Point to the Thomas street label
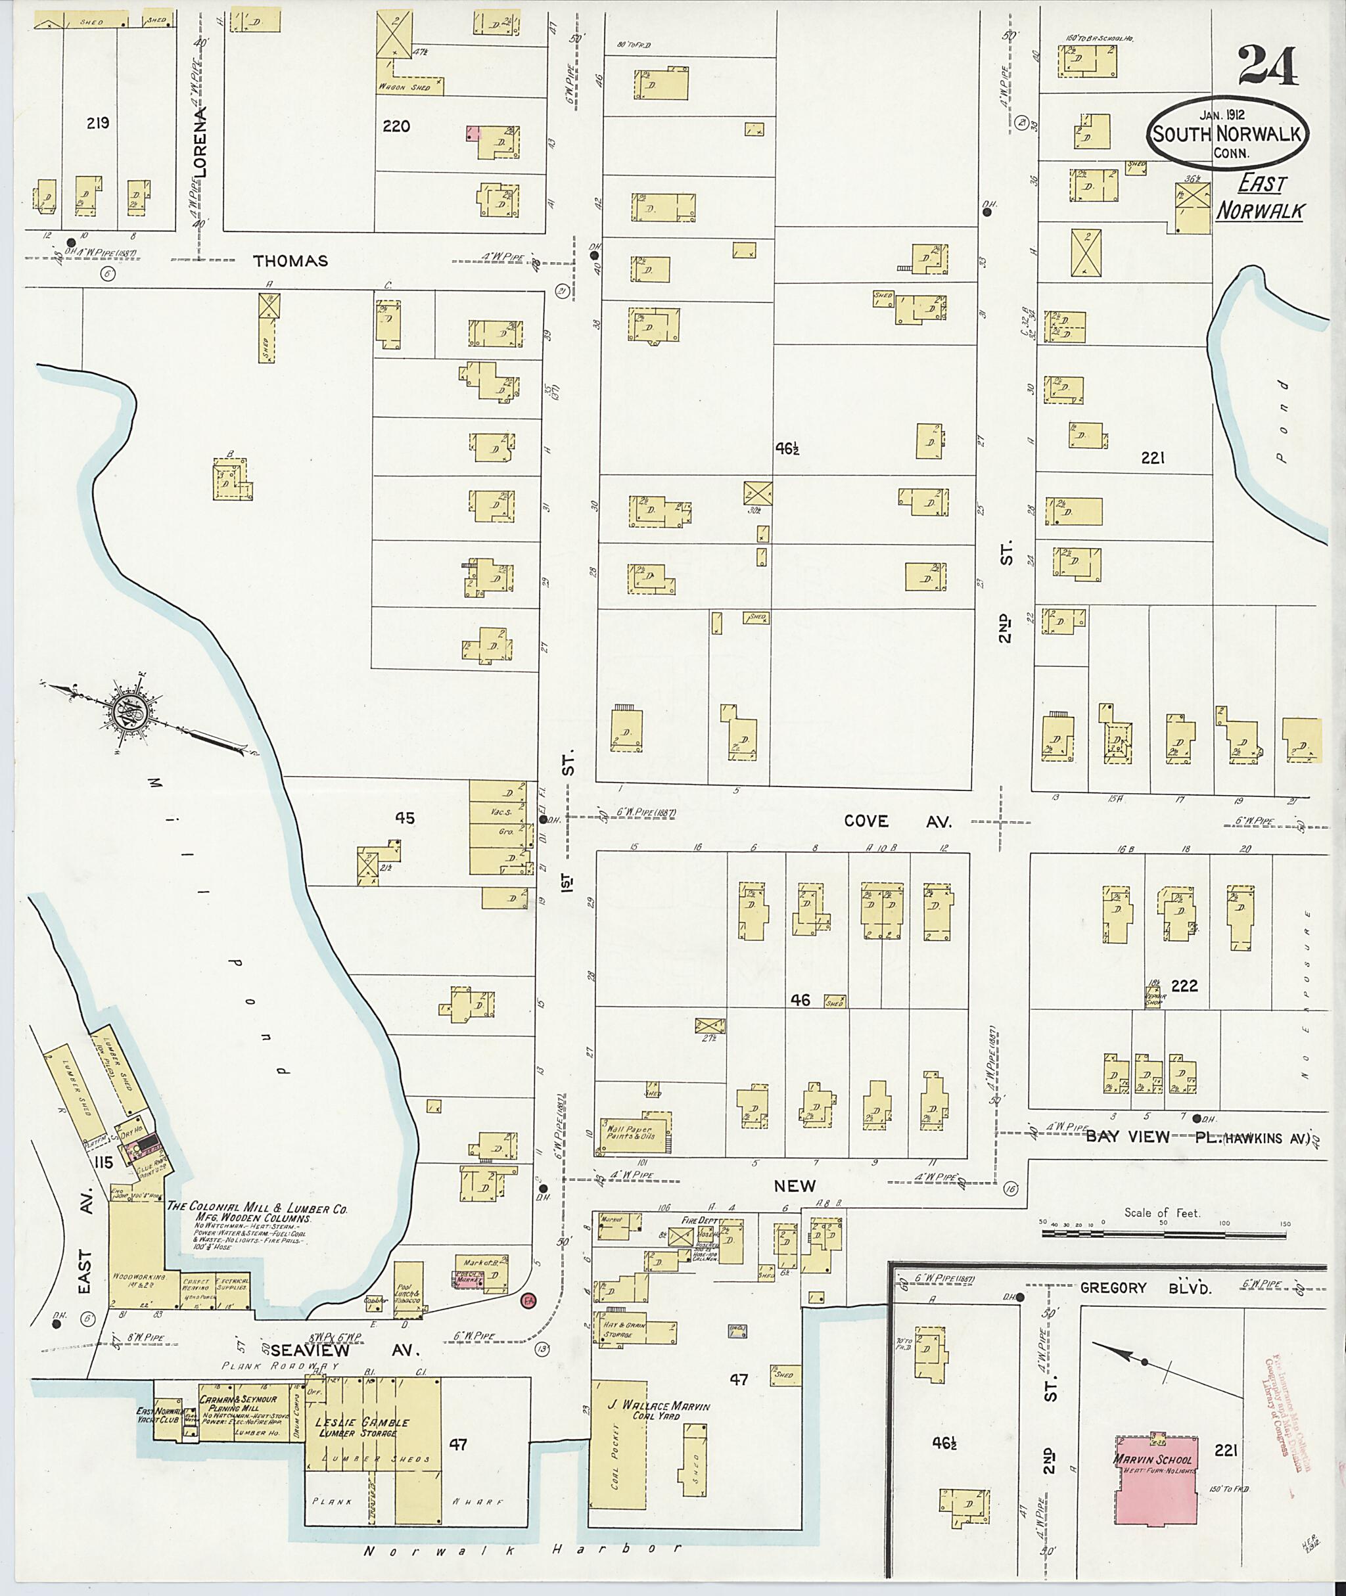[290, 261]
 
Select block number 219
[99, 123]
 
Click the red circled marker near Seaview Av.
[526, 1299]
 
